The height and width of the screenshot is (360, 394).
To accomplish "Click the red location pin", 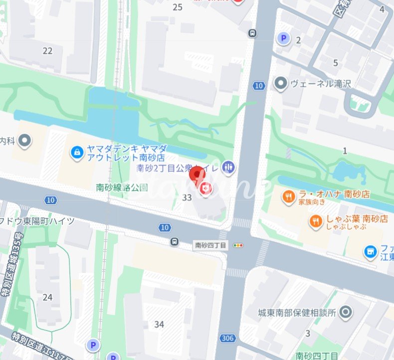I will [x=197, y=176].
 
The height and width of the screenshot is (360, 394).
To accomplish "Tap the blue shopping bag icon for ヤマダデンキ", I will [x=76, y=151].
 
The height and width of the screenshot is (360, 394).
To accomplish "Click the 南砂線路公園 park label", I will [x=122, y=187].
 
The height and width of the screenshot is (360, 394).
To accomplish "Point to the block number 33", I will [x=187, y=197].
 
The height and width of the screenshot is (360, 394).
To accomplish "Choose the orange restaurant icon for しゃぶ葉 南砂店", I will [x=315, y=221].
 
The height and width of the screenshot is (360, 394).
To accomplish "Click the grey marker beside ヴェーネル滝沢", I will [x=281, y=83].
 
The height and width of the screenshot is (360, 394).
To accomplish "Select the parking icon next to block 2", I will [x=284, y=38].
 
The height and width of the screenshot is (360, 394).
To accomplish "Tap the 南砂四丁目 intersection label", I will [x=211, y=245].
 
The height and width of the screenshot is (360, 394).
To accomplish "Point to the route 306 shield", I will [x=227, y=339].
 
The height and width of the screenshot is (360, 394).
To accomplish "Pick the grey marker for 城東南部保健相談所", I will [x=345, y=313].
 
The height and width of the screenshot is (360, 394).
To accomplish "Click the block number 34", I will [x=159, y=325].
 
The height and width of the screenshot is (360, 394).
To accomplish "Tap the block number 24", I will [x=47, y=297].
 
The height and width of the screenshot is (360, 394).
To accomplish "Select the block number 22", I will [x=47, y=50].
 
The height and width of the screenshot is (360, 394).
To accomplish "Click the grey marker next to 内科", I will [x=24, y=141].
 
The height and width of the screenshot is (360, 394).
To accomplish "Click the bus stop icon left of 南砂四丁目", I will [x=175, y=242].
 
